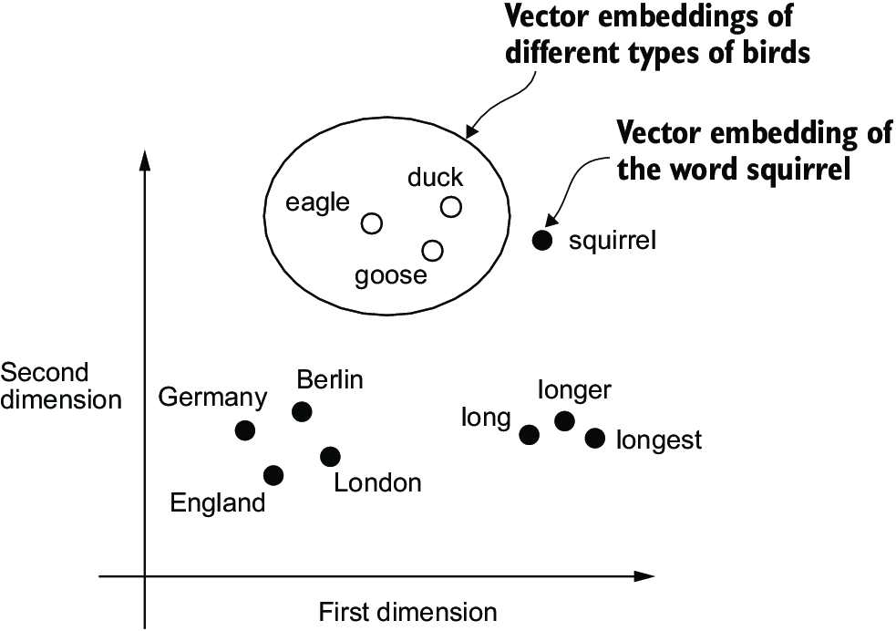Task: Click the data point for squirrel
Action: point(542,241)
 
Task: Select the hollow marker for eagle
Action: point(371,223)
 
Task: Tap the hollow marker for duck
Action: point(450,207)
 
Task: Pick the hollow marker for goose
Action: point(433,250)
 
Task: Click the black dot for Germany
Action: point(244,429)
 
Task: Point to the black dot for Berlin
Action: point(302,412)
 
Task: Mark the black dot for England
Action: point(273,475)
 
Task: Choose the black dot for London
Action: point(330,456)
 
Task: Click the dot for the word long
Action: point(529,434)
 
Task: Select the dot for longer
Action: point(564,420)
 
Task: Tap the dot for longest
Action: point(594,439)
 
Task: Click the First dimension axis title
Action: point(407,611)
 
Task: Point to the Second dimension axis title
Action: point(60,386)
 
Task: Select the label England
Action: point(218,502)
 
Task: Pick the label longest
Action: point(659,440)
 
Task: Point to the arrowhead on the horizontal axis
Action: point(645,576)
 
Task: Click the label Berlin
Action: point(330,378)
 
